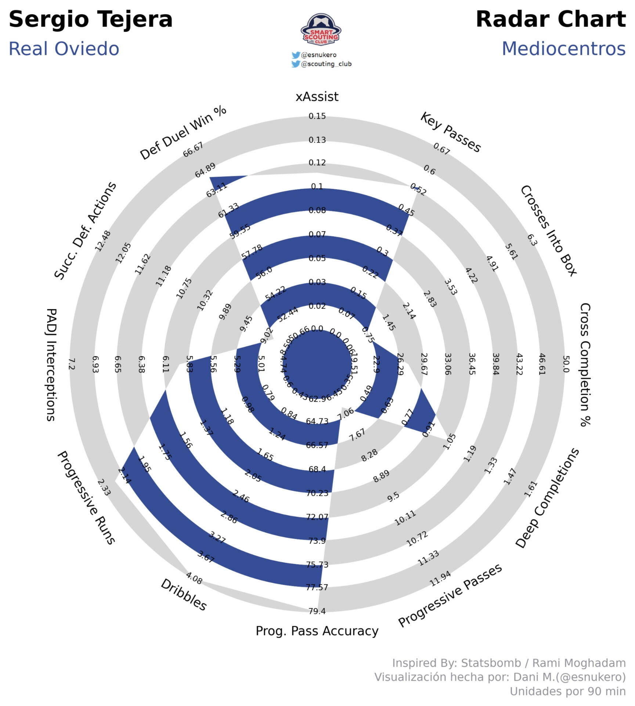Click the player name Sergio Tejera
[x=90, y=19]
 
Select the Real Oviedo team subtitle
[x=64, y=49]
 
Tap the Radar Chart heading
[x=550, y=19]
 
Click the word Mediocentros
[x=563, y=49]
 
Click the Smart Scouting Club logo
[x=321, y=30]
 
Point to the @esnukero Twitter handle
[x=318, y=55]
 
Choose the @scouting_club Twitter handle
[x=326, y=64]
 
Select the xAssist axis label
[x=317, y=97]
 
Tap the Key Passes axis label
[x=450, y=133]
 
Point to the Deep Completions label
[x=547, y=498]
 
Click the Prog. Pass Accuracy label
[x=317, y=631]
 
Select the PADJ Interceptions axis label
[x=51, y=364]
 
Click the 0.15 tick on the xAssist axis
[x=317, y=116]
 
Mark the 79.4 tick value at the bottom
[x=317, y=611]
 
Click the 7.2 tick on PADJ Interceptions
[x=71, y=364]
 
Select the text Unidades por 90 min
[x=567, y=691]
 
